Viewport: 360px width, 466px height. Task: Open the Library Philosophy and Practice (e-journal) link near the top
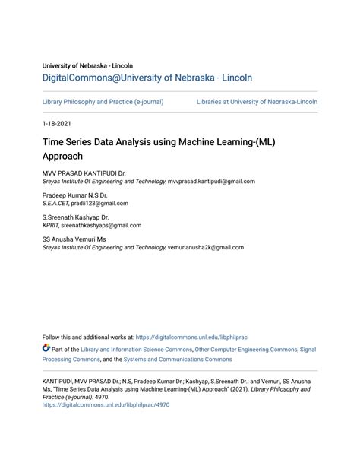[x=103, y=101]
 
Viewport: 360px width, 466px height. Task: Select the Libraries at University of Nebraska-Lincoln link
[x=257, y=101]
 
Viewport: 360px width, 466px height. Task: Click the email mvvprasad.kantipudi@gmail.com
[x=211, y=182]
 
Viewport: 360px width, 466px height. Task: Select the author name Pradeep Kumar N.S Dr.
[x=74, y=195]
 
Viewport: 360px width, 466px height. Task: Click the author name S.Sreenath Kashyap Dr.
[x=76, y=217]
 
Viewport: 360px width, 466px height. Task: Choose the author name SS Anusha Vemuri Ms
[x=74, y=239]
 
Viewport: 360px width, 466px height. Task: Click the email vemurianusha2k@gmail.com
[x=205, y=246]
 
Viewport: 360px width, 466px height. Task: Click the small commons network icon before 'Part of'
[x=46, y=349]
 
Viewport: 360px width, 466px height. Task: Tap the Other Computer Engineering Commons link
[x=246, y=350]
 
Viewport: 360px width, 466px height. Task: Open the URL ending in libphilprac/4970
[x=106, y=405]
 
